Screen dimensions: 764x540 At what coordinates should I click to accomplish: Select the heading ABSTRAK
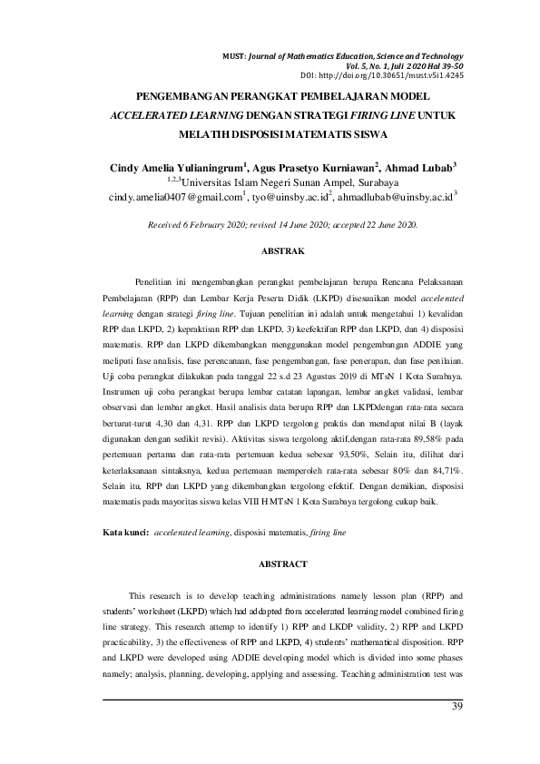point(270,249)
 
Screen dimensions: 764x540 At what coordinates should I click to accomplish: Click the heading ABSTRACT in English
point(270,563)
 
